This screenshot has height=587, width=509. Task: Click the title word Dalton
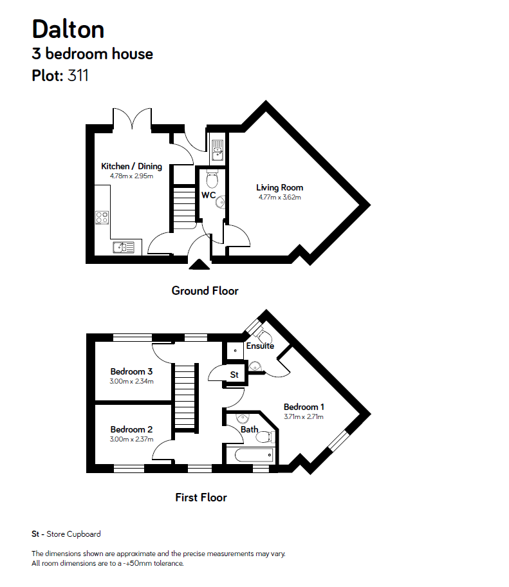[68, 29]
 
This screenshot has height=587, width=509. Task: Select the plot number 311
[78, 76]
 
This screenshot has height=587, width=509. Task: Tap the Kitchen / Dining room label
[131, 166]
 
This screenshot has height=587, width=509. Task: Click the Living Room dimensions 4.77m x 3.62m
[279, 197]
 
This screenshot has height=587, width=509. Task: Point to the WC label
[208, 194]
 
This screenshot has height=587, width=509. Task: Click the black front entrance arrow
[199, 263]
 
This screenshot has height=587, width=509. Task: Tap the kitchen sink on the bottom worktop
[122, 247]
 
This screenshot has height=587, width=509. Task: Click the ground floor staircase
[184, 205]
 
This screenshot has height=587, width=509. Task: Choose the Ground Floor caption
[205, 291]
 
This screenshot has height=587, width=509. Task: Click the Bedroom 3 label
[131, 371]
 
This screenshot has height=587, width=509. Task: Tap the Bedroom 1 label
[304, 407]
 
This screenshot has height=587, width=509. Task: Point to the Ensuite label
[260, 346]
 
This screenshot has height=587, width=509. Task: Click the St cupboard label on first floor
[234, 374]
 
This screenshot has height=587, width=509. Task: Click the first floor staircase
[185, 396]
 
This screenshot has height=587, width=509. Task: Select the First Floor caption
[201, 497]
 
